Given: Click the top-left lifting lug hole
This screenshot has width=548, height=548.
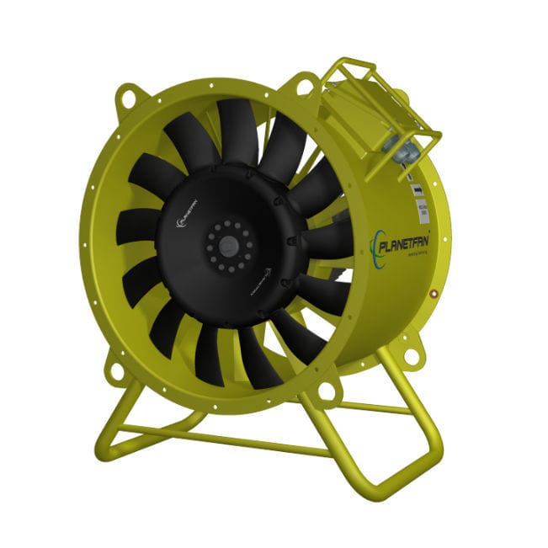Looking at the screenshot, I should coord(128,97).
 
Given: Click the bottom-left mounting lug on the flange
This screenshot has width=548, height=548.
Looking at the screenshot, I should coord(112,370).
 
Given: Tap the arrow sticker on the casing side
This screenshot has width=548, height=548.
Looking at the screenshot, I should coord(417,192).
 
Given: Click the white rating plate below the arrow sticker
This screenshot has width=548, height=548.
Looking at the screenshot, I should coord(419,210).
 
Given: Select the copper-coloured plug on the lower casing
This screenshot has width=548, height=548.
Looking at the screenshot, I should coord(433,295).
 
